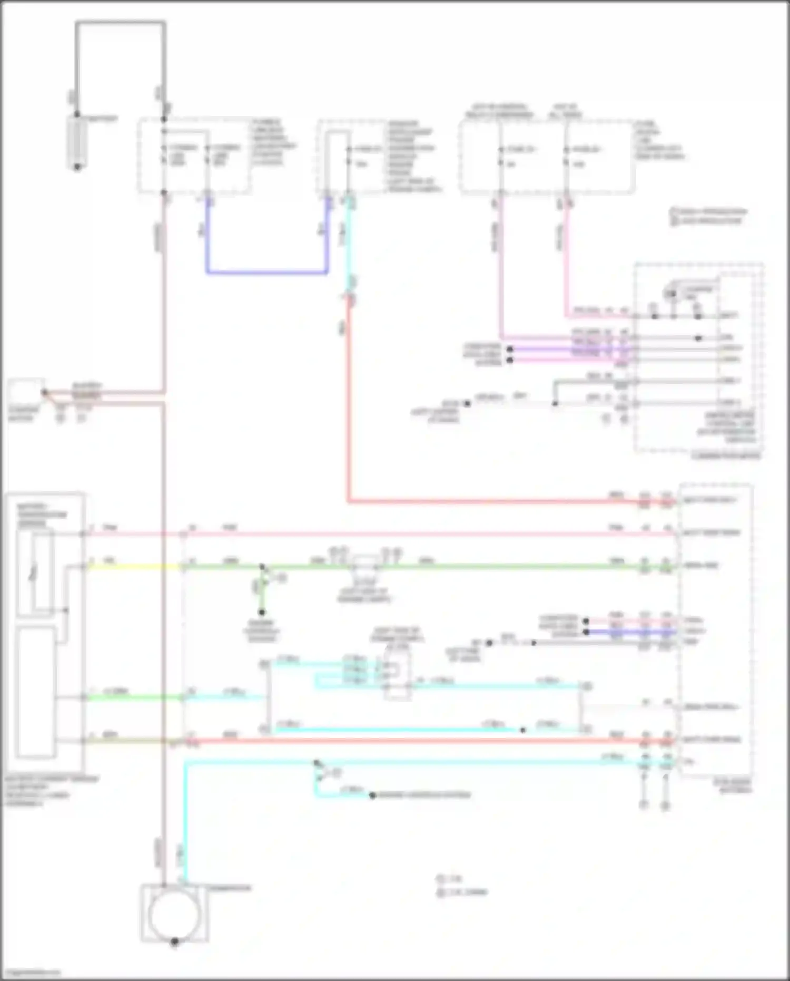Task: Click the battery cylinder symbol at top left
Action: point(77,141)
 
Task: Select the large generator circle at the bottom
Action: point(174,914)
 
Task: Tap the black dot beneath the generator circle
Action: point(174,941)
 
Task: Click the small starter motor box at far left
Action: point(25,392)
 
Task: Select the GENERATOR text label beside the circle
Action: point(230,888)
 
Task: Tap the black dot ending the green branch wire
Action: point(262,612)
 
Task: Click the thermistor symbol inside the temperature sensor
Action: point(34,572)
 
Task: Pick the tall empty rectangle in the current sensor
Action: point(35,691)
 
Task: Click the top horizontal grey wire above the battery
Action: point(121,23)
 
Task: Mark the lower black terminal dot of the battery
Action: point(77,167)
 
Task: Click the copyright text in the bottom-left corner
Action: point(32,972)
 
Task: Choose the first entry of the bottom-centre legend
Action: point(450,879)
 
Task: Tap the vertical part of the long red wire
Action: point(348,401)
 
